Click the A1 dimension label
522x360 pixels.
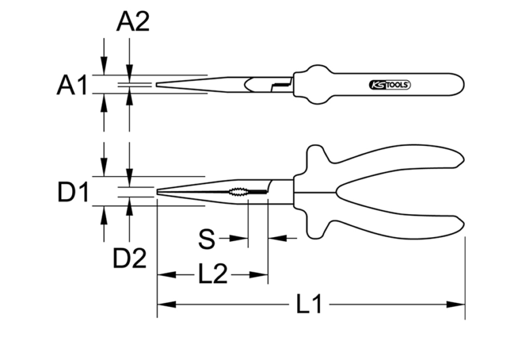[x=71, y=86]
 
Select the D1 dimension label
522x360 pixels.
[x=73, y=194]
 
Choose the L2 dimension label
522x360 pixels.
[x=213, y=275]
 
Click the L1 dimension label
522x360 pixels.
[x=310, y=305]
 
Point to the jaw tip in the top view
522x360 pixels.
[x=160, y=86]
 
